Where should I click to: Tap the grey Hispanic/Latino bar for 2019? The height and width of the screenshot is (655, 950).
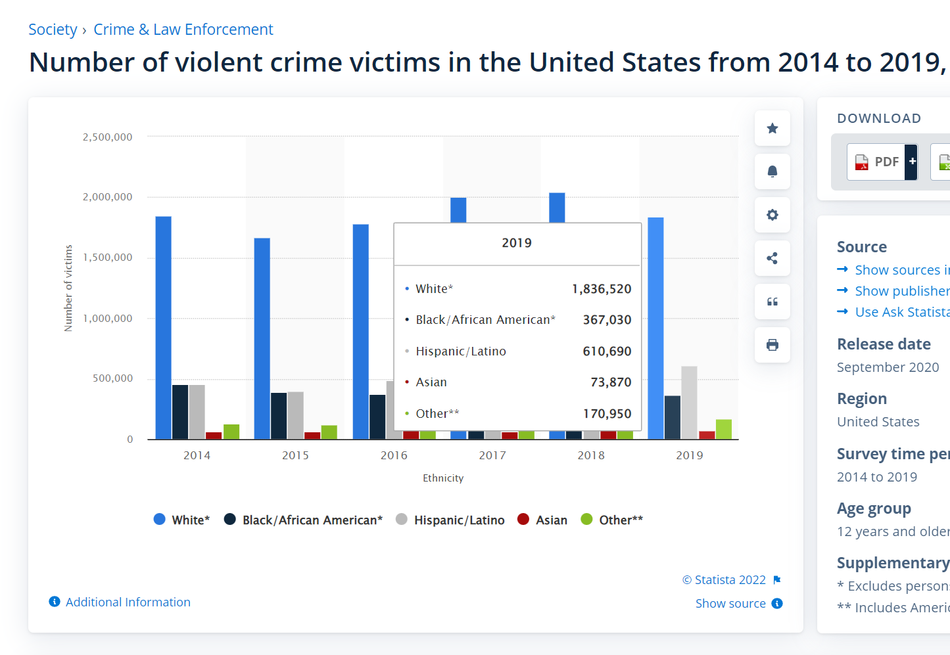689,402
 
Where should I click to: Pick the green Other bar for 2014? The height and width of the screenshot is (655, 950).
231,432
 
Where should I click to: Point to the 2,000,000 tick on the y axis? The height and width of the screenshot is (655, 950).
107,197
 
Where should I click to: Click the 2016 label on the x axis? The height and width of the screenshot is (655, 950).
394,455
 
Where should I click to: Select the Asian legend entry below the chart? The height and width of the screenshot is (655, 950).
542,520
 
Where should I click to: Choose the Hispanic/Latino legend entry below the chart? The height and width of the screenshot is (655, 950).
451,520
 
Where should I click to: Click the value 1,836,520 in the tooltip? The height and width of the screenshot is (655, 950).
601,289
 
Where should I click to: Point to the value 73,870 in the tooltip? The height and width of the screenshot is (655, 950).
611,382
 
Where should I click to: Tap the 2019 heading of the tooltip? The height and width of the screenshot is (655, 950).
517,243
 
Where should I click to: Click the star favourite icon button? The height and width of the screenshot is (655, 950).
772,128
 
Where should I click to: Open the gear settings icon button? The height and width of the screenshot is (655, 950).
772,215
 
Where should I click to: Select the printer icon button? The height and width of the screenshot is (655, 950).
772,345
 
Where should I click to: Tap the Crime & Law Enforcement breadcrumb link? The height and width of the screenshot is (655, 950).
183,30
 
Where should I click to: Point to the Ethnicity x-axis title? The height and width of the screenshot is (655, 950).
443,478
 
